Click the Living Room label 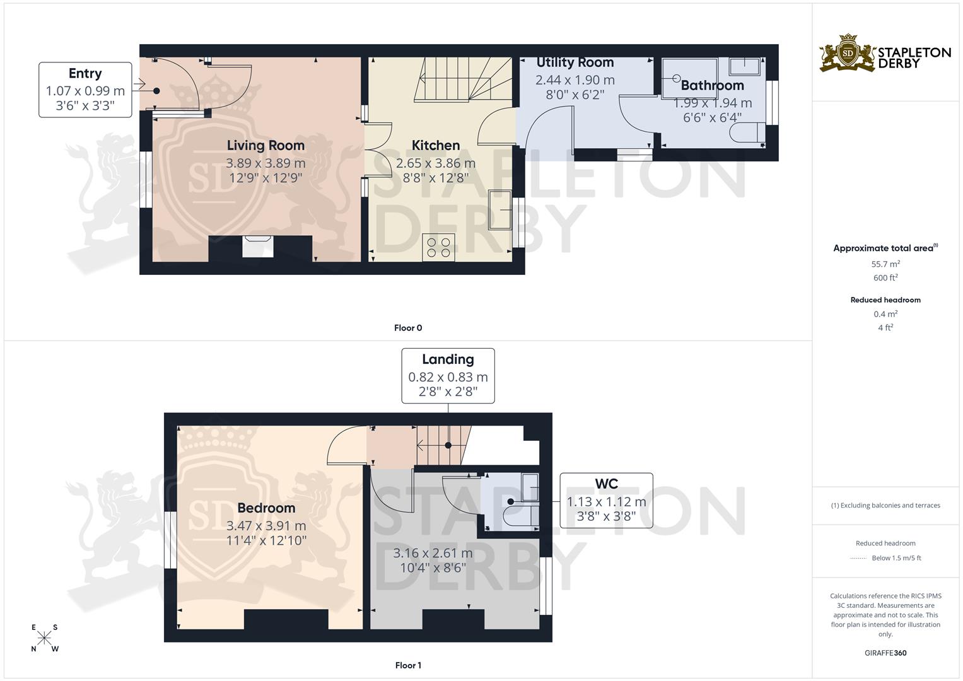pyautogui.click(x=266, y=146)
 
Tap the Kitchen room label pyautogui.click(x=435, y=146)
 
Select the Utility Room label pyautogui.click(x=575, y=62)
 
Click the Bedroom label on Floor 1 pyautogui.click(x=266, y=508)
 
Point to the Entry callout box pyautogui.click(x=85, y=89)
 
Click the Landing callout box pyautogui.click(x=448, y=376)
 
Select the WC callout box pyautogui.click(x=606, y=501)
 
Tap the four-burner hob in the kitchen pyautogui.click(x=438, y=246)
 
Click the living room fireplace pyautogui.click(x=258, y=246)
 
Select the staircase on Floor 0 pyautogui.click(x=462, y=79)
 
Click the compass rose pyautogui.click(x=44, y=638)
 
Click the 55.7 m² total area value pyautogui.click(x=885, y=264)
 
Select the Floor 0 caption pyautogui.click(x=408, y=328)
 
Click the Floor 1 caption pyautogui.click(x=408, y=665)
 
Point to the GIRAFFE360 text pyautogui.click(x=885, y=653)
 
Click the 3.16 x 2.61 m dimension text pyautogui.click(x=433, y=554)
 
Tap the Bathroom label pyautogui.click(x=712, y=86)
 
